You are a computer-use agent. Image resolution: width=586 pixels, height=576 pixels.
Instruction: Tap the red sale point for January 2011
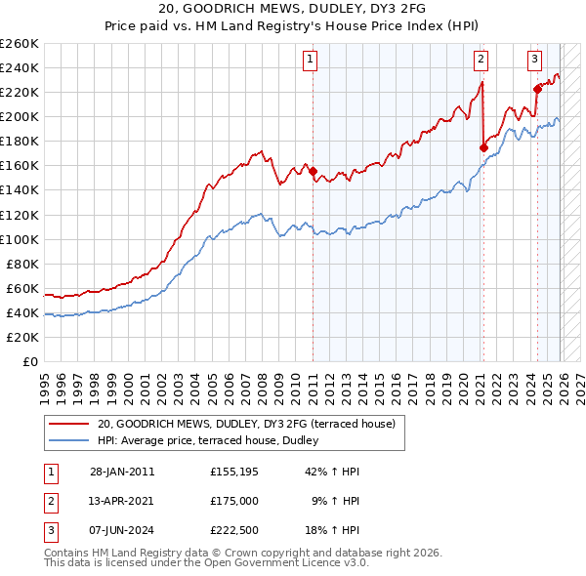point(313,172)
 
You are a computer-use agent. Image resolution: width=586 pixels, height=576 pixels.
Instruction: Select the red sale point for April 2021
point(483,147)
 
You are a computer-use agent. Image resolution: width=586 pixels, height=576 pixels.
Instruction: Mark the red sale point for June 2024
point(537,89)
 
